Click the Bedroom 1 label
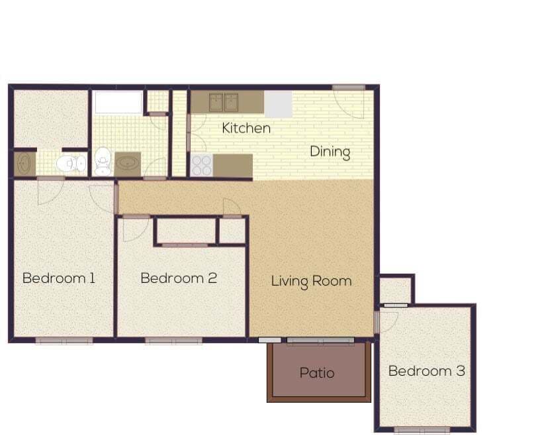pyautogui.click(x=59, y=278)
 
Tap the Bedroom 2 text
pyautogui.click(x=179, y=278)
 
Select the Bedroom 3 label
pyautogui.click(x=426, y=370)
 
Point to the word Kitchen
pyautogui.click(x=246, y=128)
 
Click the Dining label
pyautogui.click(x=330, y=152)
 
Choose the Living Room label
pyautogui.click(x=311, y=281)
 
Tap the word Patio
pyautogui.click(x=317, y=372)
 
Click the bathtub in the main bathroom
pyautogui.click(x=118, y=102)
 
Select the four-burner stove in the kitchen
pyautogui.click(x=201, y=165)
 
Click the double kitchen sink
pyautogui.click(x=224, y=102)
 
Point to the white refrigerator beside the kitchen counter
pyautogui.click(x=278, y=103)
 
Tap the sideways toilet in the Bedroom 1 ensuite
pyautogui.click(x=70, y=163)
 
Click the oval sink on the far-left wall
pyautogui.click(x=24, y=164)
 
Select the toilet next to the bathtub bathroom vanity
pyautogui.click(x=103, y=161)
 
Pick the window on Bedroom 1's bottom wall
pyautogui.click(x=64, y=341)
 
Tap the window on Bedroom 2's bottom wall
pyautogui.click(x=173, y=341)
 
